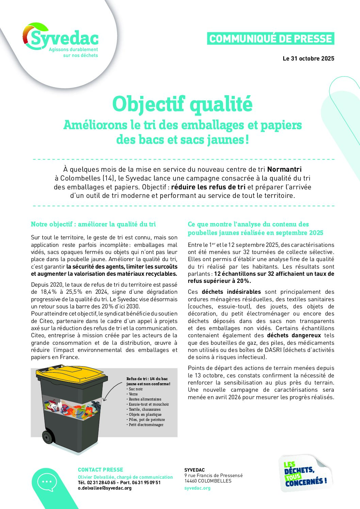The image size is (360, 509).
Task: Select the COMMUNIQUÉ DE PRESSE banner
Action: (x=271, y=38)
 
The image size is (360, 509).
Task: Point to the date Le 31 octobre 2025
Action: (x=308, y=58)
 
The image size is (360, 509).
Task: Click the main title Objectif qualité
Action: (x=182, y=104)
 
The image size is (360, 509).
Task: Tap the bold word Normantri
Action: (x=284, y=169)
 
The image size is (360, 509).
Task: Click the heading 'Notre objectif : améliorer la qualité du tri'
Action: (x=93, y=224)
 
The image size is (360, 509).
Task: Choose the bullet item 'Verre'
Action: (x=133, y=394)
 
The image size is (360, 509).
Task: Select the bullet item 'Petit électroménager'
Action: (x=146, y=425)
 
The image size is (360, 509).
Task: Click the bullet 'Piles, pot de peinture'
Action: (x=147, y=420)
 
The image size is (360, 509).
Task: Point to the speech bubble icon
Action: (x=47, y=482)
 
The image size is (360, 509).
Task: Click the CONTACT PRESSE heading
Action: (x=100, y=470)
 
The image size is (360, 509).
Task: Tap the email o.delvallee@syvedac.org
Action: (x=105, y=488)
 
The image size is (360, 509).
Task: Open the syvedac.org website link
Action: (x=197, y=488)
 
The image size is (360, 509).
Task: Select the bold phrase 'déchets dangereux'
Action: (x=294, y=335)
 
